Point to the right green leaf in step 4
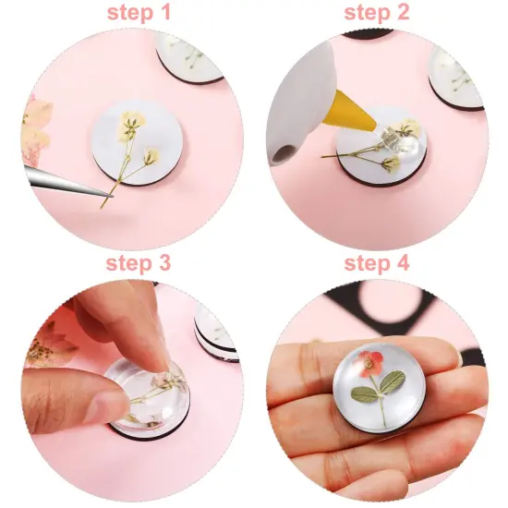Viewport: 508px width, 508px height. [393, 381]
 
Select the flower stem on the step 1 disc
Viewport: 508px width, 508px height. [118, 175]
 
